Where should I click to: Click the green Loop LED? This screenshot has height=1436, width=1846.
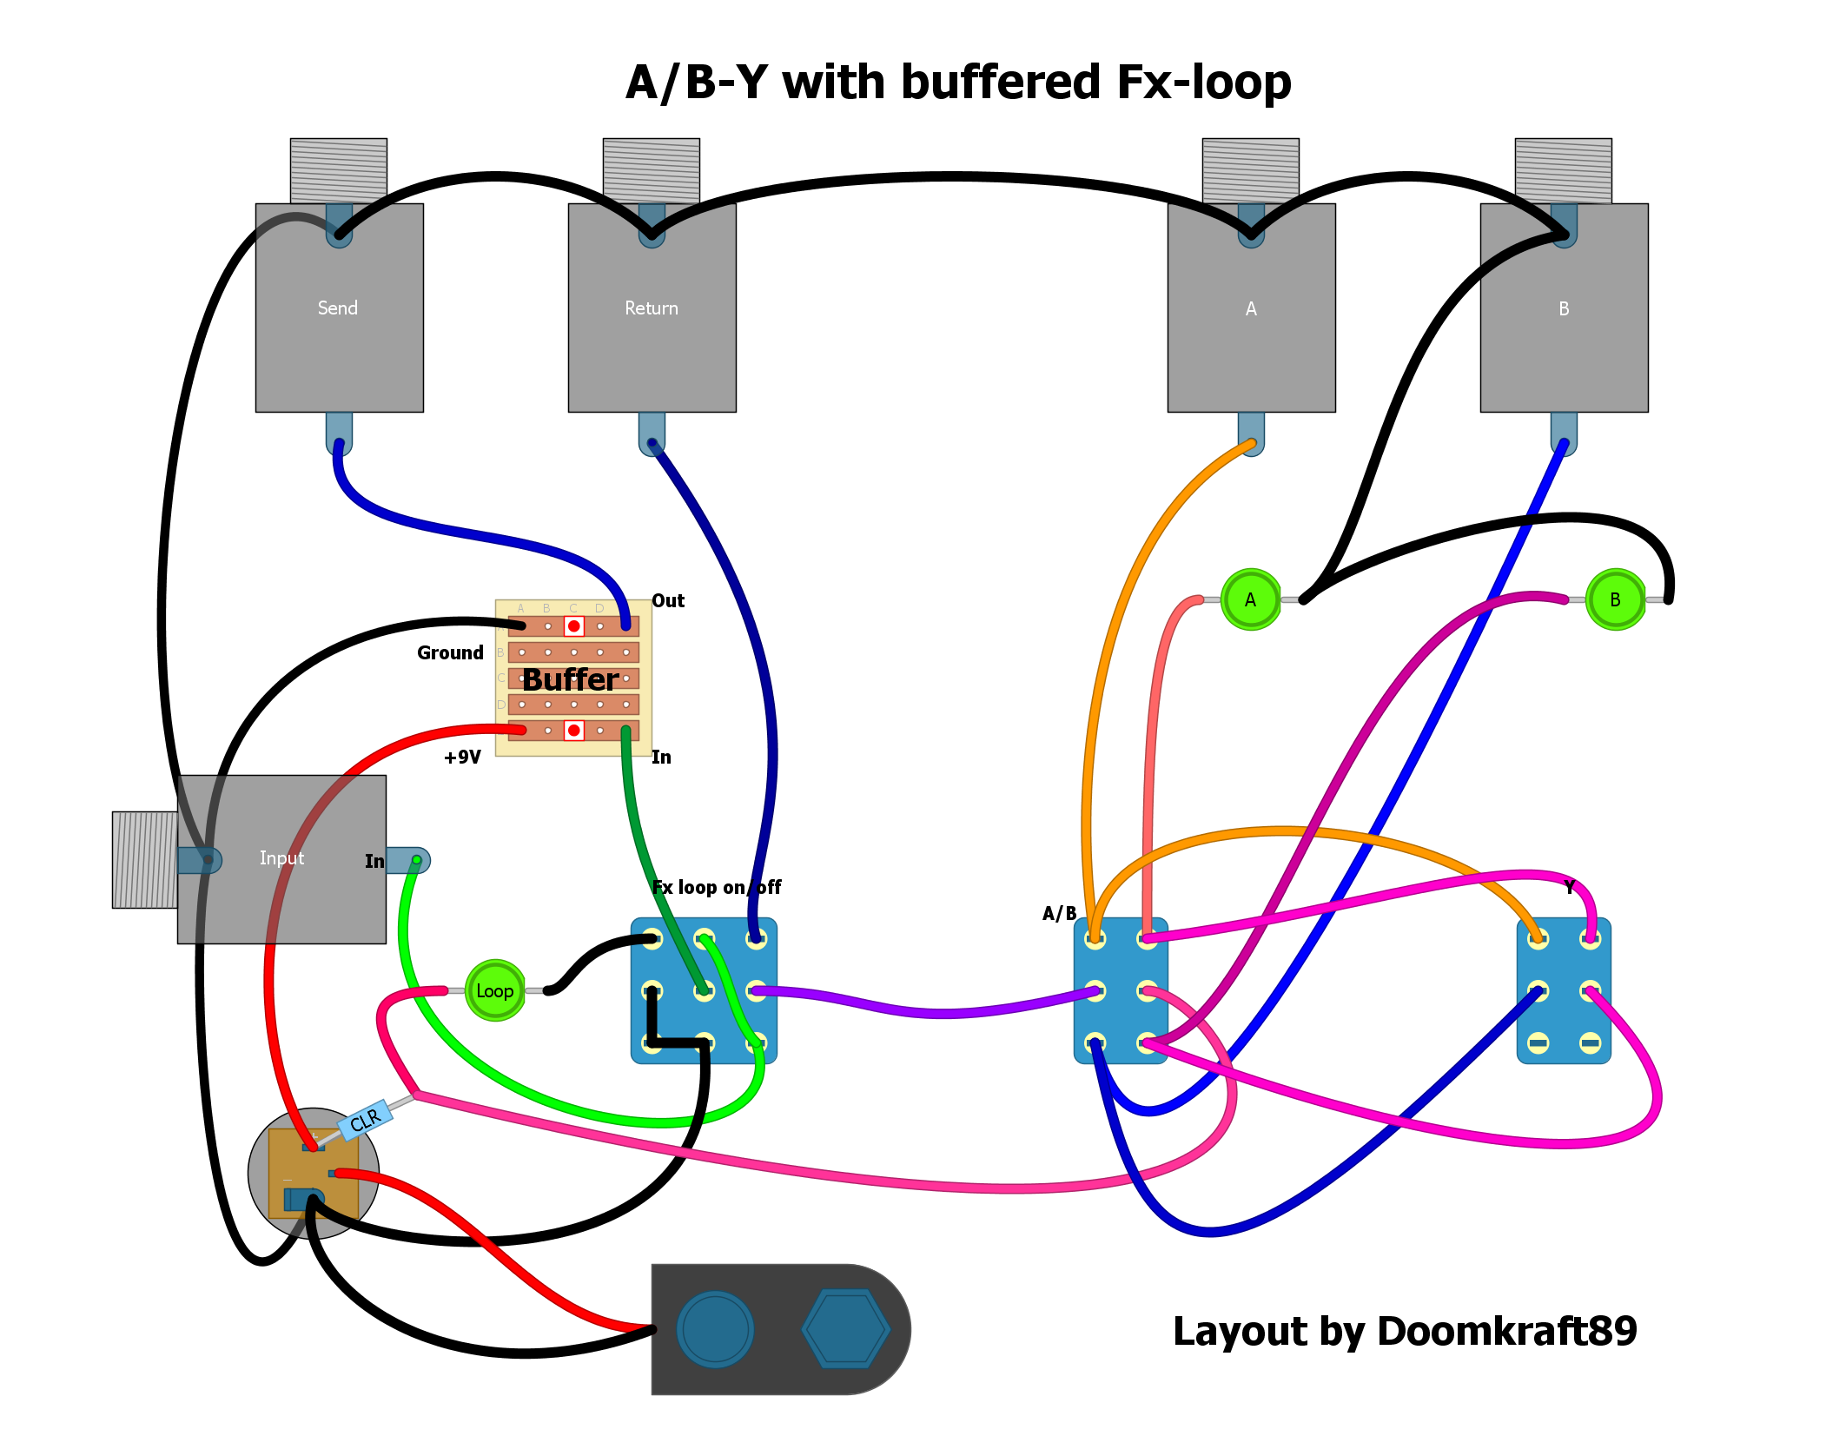coord(495,990)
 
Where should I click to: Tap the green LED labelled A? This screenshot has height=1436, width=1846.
coord(1250,599)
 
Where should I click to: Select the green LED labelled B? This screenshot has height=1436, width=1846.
coord(1615,599)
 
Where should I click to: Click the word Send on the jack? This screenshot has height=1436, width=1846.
coord(338,308)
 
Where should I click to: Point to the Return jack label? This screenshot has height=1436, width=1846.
coord(652,308)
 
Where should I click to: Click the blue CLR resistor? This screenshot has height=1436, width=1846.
coord(365,1121)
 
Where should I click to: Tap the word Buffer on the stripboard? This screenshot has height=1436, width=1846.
coord(571,679)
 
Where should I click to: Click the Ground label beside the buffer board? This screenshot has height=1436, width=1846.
coord(450,653)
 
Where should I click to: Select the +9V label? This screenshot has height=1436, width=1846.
coord(462,758)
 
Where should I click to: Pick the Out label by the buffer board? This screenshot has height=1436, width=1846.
coord(668,601)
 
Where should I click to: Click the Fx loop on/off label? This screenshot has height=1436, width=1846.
coord(717,888)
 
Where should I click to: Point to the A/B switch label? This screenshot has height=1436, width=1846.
coord(1060,914)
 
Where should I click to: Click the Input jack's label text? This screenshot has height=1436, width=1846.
coord(281,858)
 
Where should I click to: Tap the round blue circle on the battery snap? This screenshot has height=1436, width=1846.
coord(715,1329)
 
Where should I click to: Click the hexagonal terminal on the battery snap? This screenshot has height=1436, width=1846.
coord(846,1329)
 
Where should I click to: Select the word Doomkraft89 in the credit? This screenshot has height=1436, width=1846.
coord(1507,1332)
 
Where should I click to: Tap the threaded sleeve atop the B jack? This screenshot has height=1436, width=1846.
coord(1563,170)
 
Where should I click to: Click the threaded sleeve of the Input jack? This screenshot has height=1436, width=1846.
coord(144,860)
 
